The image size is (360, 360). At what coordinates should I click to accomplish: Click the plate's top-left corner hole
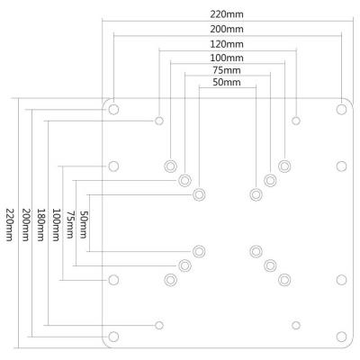(113, 109)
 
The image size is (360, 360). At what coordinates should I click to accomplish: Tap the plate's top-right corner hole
(341, 109)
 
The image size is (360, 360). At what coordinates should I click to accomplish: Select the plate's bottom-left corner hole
(113, 337)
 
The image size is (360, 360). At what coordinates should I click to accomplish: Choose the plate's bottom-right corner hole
(341, 337)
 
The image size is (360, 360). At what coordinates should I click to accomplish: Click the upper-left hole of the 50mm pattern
(199, 193)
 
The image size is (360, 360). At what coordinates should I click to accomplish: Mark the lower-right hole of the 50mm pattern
(256, 250)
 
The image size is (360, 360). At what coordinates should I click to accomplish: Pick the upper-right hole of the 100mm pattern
(284, 166)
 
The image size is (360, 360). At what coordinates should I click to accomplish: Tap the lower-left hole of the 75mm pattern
(184, 265)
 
